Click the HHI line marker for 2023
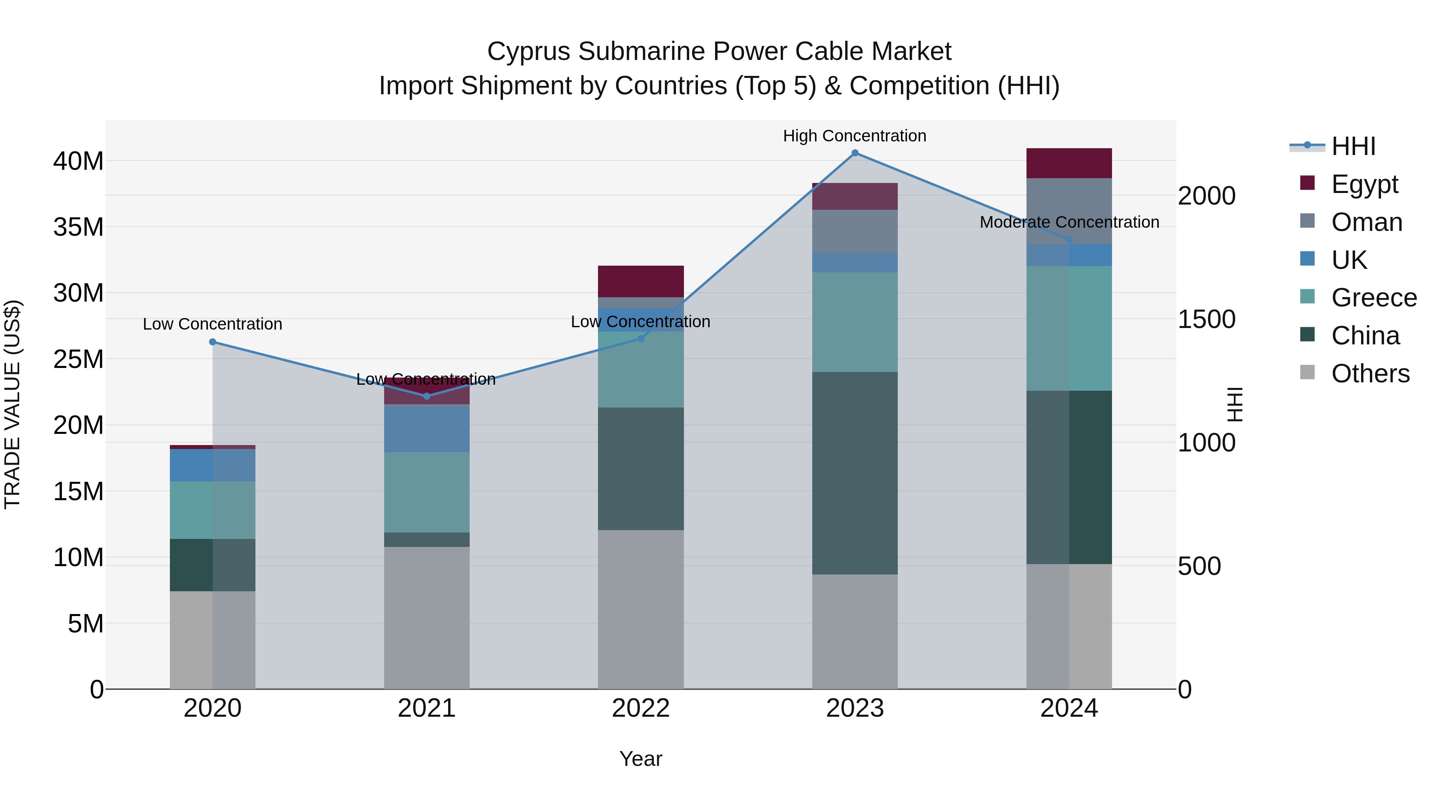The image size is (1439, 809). coord(855,153)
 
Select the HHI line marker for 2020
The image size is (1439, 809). coord(212,342)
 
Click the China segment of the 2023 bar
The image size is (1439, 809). coord(855,473)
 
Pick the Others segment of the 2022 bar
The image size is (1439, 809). coord(641,609)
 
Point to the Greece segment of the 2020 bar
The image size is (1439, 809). coord(212,510)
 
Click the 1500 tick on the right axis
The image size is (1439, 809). coord(1207,319)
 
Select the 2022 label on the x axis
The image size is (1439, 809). coord(641,708)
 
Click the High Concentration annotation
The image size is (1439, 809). coord(855,136)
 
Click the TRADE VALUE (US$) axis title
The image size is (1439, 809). coord(12,404)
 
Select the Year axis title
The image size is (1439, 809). coord(641,759)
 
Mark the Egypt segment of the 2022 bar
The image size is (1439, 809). coord(641,281)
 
